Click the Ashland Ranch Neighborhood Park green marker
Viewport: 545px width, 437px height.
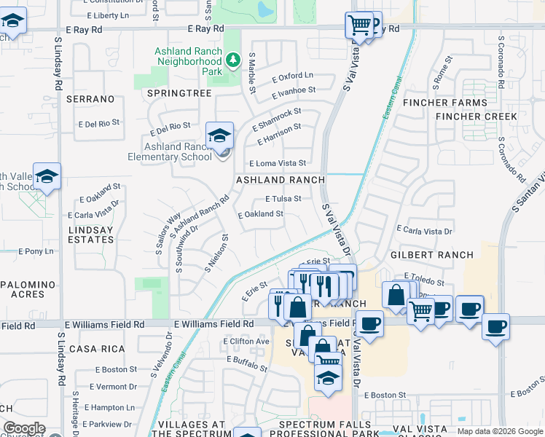pyautogui.click(x=233, y=59)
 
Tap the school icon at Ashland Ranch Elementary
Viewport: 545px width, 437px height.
pyautogui.click(x=219, y=135)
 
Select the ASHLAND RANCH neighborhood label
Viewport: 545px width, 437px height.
pyautogui.click(x=280, y=180)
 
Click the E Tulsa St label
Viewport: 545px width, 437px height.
pyautogui.click(x=283, y=198)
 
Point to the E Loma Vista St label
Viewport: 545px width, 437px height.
pyautogui.click(x=277, y=163)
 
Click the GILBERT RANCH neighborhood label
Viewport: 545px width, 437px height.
pyautogui.click(x=432, y=255)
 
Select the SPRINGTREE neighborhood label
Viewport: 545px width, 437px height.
pyautogui.click(x=179, y=94)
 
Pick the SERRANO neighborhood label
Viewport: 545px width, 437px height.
pyautogui.click(x=90, y=98)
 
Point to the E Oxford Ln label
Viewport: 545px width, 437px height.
pyautogui.click(x=292, y=75)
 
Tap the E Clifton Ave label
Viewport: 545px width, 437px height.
pyautogui.click(x=246, y=341)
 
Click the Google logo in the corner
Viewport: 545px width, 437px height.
pyautogui.click(x=24, y=428)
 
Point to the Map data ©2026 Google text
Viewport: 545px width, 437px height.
pyautogui.click(x=500, y=431)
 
